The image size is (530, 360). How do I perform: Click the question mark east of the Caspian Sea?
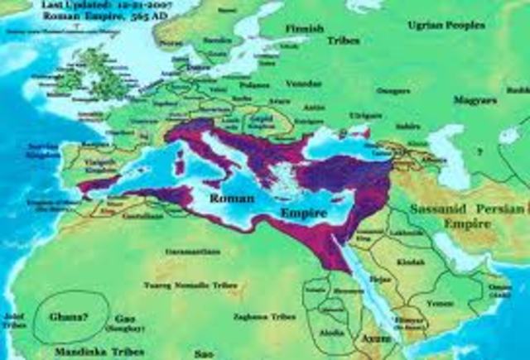[x=478, y=151]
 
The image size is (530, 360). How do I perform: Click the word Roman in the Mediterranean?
[x=231, y=199]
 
